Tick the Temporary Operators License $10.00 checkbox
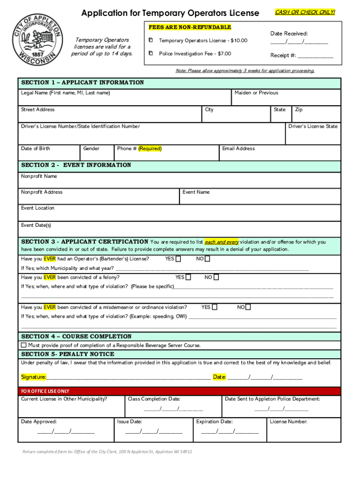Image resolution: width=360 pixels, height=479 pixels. click(x=151, y=41)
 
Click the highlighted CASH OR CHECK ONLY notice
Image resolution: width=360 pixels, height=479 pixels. click(x=305, y=12)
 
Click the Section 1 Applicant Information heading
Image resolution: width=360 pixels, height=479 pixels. click(x=83, y=83)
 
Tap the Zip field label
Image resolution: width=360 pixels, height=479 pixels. click(x=298, y=109)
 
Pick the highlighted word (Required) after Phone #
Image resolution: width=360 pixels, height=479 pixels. click(x=150, y=149)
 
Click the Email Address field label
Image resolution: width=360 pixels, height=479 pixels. click(x=238, y=149)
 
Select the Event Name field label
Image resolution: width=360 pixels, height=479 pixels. click(x=196, y=192)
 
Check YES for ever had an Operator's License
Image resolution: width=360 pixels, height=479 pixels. click(x=178, y=259)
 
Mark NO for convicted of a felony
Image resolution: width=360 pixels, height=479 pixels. click(x=216, y=277)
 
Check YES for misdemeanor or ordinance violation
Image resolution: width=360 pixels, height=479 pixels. click(x=214, y=307)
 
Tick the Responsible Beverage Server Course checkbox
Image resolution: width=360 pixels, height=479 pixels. click(x=24, y=345)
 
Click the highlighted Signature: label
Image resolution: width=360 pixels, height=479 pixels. click(x=34, y=377)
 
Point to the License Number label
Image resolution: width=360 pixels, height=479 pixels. click(x=288, y=421)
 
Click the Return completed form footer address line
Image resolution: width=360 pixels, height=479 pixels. click(x=108, y=452)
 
